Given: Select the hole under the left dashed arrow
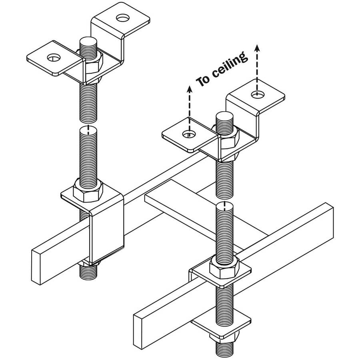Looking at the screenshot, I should pos(188,134).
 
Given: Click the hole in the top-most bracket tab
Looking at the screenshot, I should pos(120,18).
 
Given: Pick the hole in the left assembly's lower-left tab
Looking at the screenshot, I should pos(52,58).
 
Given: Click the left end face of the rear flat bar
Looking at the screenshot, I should pos(36,266).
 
